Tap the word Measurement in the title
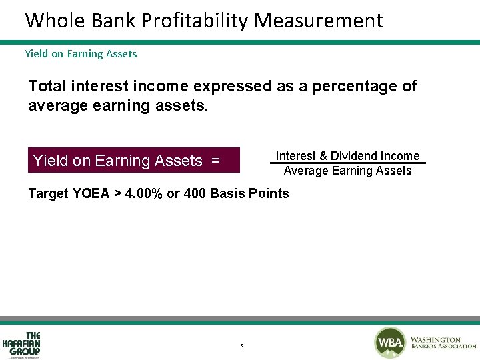(x=319, y=21)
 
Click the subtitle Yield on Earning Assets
(x=81, y=54)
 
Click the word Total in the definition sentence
(x=49, y=86)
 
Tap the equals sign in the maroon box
(x=215, y=161)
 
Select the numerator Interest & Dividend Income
(x=347, y=156)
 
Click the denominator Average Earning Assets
(x=347, y=171)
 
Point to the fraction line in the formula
(x=347, y=163)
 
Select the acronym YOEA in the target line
(x=91, y=194)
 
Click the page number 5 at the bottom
(x=241, y=347)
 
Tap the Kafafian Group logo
(x=22, y=344)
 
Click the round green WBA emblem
(x=390, y=343)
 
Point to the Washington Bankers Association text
(x=443, y=343)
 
